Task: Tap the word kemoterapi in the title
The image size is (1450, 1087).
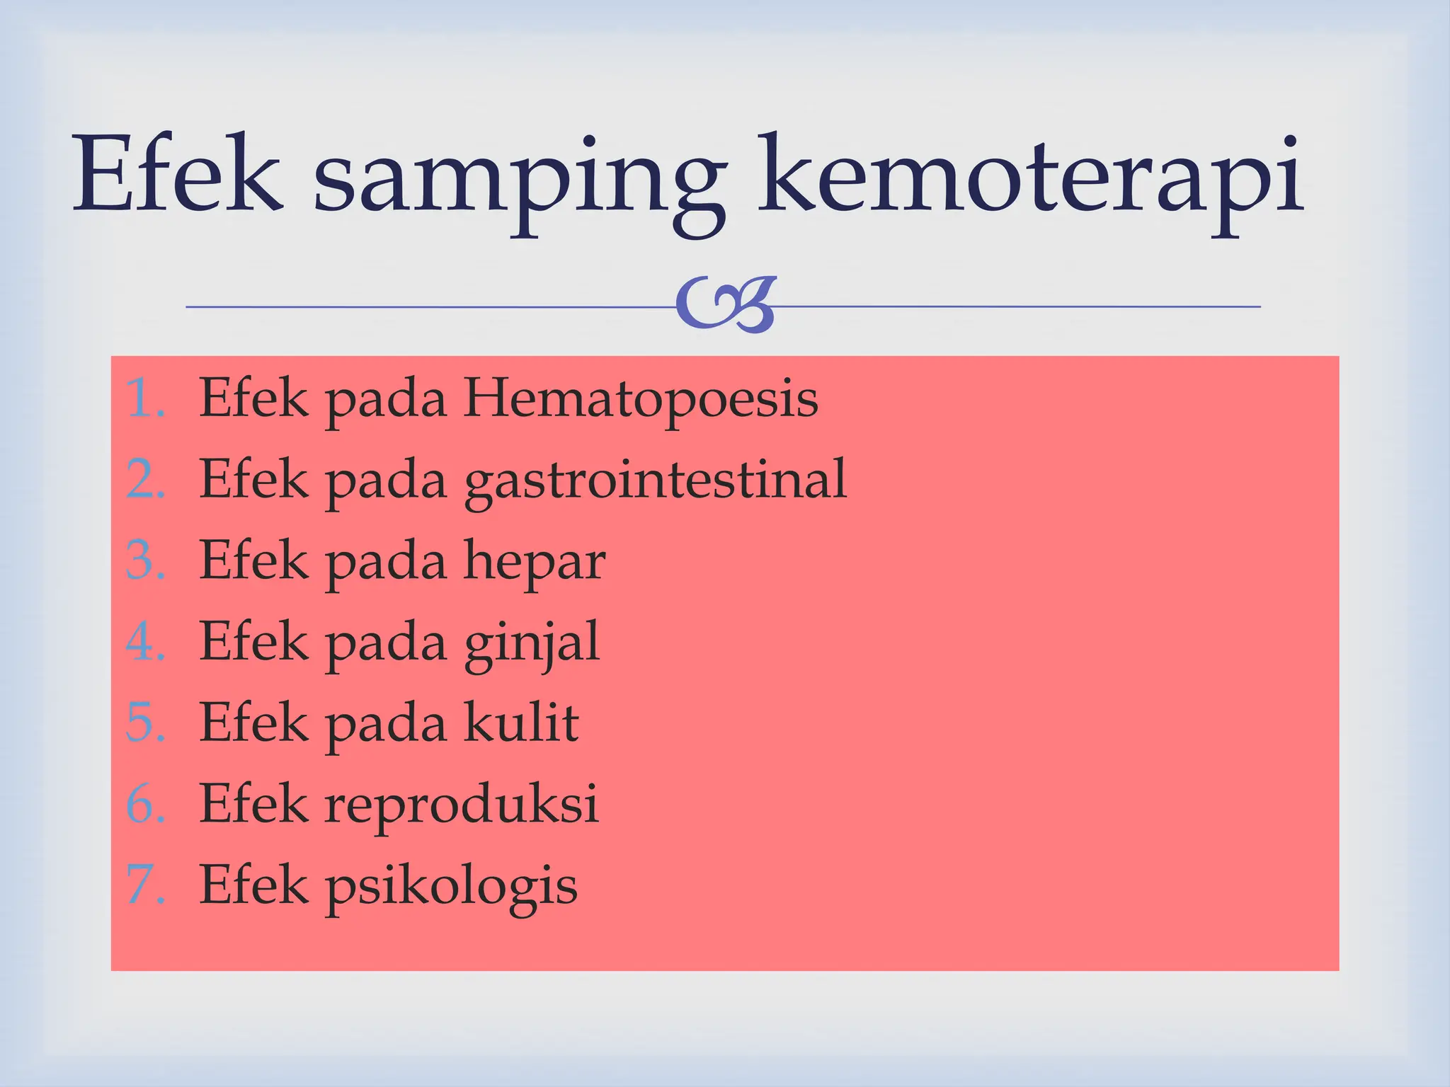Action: (1030, 177)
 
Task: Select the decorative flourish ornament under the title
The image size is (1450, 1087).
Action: (726, 306)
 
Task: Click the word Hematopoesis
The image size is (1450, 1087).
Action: (641, 398)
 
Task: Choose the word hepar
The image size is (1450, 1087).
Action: (535, 562)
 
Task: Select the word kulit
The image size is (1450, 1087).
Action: (522, 723)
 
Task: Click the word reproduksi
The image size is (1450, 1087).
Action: (462, 805)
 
